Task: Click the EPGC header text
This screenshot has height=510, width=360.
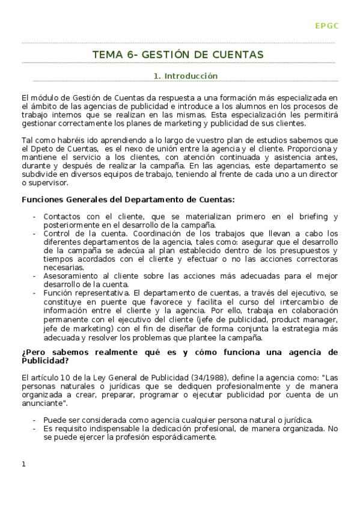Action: (x=327, y=25)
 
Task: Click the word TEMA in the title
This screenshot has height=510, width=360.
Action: (x=105, y=55)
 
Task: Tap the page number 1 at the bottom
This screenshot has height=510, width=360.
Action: (x=23, y=464)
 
